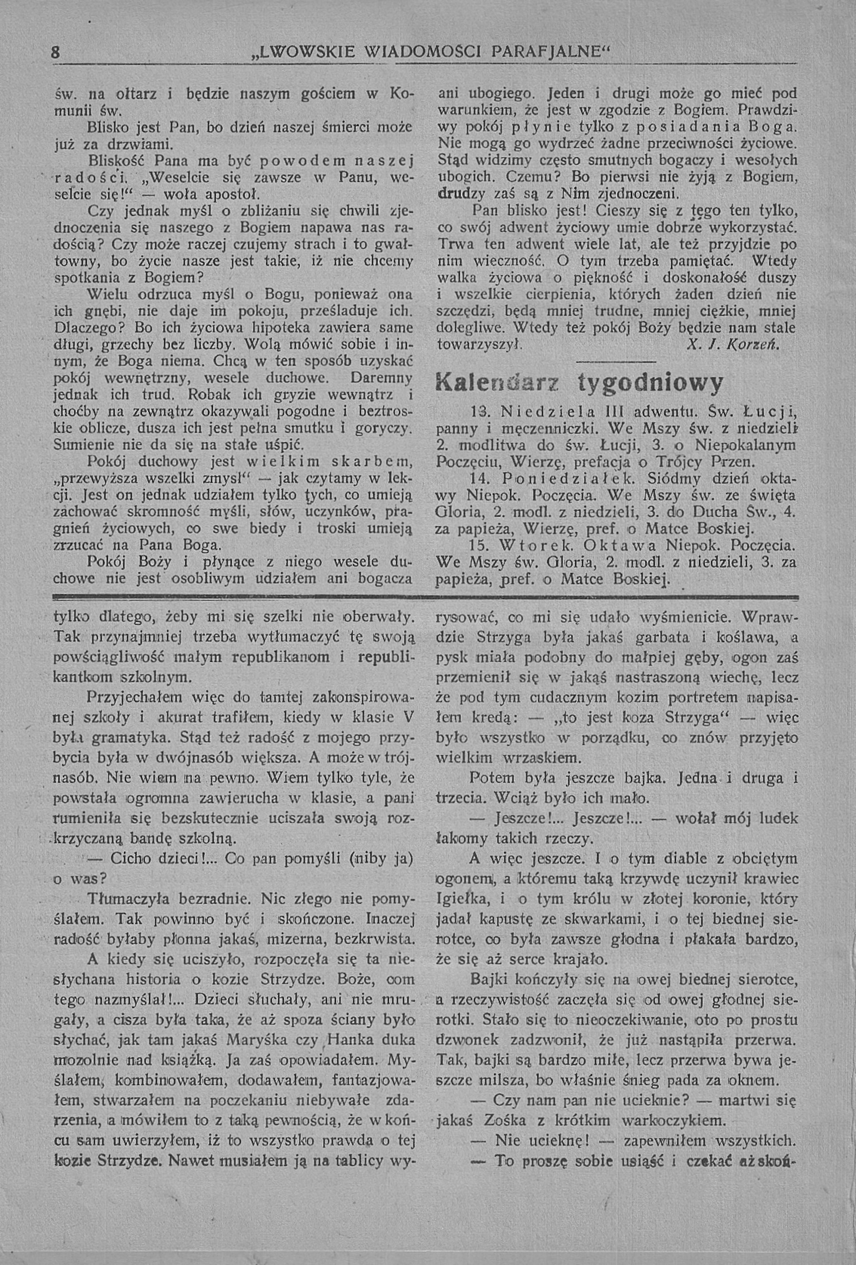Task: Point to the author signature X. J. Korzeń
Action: coord(734,345)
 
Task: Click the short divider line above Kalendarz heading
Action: coord(615,362)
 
